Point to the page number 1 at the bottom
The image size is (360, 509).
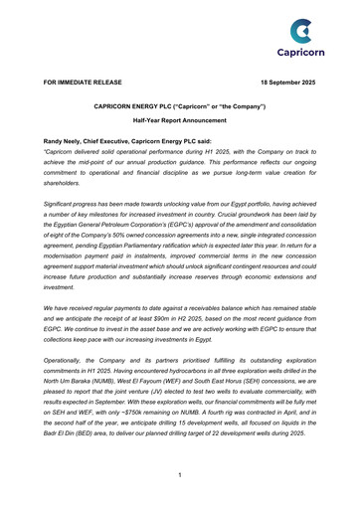click(x=179, y=475)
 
